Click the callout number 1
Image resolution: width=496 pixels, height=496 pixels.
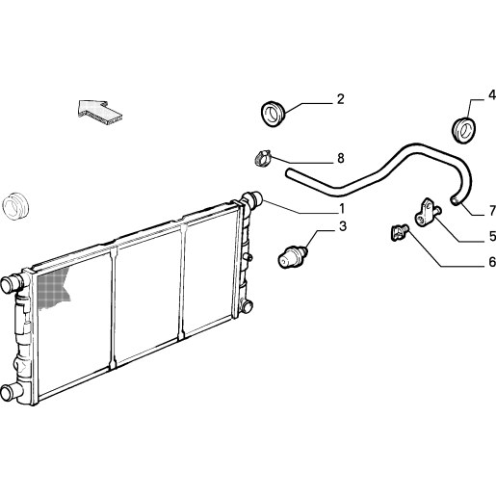point(342,209)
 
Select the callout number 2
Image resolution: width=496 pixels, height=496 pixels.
point(341,99)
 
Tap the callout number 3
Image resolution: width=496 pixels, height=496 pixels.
point(343,226)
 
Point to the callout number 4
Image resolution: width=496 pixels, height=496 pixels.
point(492,95)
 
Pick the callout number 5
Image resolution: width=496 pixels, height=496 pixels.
point(492,236)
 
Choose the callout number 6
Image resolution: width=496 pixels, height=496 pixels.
point(492,262)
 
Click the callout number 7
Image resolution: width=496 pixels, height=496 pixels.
point(492,211)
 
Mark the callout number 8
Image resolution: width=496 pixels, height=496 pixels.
point(341,158)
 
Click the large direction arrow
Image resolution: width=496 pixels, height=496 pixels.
point(100,112)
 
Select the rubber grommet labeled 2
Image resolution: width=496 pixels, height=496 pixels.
point(274,114)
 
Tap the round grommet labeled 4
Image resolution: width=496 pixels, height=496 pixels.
point(463,131)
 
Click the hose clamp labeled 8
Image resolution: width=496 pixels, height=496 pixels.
point(263,158)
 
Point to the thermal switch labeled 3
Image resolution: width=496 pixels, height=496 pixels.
point(292,256)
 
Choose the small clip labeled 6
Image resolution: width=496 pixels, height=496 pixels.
point(399,232)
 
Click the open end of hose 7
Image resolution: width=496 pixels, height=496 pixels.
point(454,200)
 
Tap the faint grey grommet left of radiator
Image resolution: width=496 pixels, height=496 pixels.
point(15,207)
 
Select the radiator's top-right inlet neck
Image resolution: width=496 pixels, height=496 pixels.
point(253,199)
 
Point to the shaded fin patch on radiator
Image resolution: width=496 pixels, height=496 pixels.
point(53,287)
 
